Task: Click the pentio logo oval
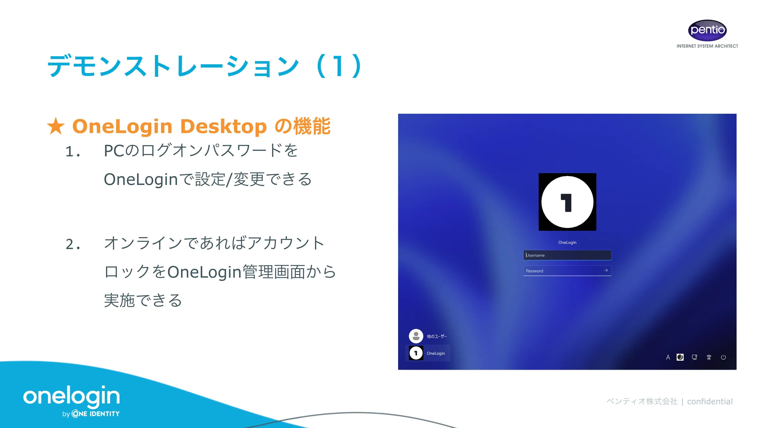click(707, 30)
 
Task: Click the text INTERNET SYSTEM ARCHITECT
click(707, 46)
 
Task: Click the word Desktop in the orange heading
click(223, 127)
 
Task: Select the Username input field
click(567, 255)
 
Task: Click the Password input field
click(562, 271)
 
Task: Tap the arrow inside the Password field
click(606, 270)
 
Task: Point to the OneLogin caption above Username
click(567, 242)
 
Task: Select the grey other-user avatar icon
click(416, 336)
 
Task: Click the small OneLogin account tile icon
click(416, 353)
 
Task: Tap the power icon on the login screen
click(723, 357)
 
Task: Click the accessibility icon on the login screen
click(709, 357)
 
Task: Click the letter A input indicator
click(668, 357)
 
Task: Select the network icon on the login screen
click(694, 357)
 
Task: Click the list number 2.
click(72, 244)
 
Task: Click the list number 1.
click(72, 152)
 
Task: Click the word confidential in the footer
click(710, 401)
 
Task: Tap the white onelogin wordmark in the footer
click(72, 396)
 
